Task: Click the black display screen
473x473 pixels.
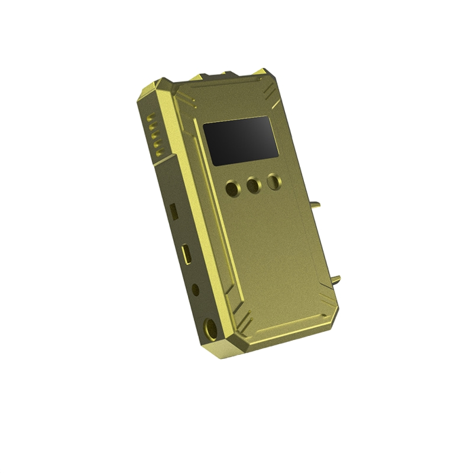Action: click(241, 140)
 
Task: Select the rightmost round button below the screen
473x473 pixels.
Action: click(273, 182)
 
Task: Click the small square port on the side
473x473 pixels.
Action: click(173, 209)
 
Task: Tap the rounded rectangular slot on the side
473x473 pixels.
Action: click(187, 253)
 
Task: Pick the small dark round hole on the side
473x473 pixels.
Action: click(196, 290)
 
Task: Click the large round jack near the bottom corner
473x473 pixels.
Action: click(208, 327)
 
